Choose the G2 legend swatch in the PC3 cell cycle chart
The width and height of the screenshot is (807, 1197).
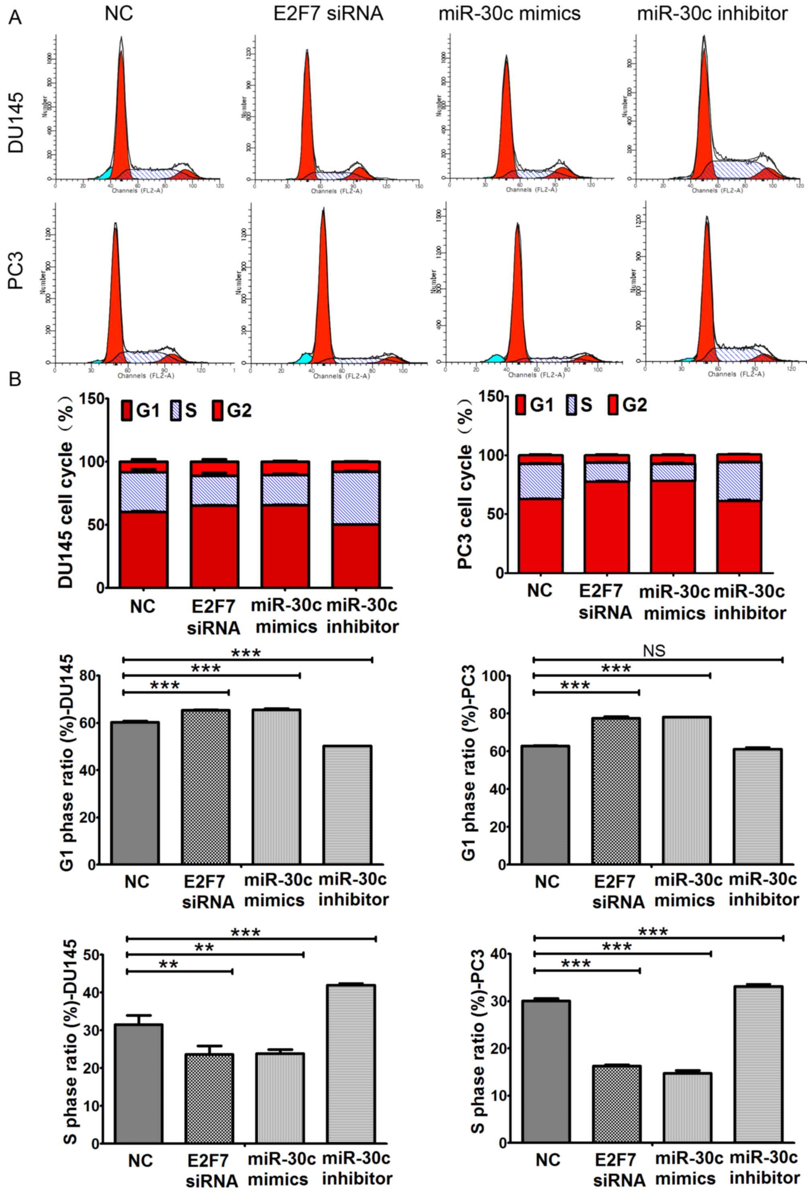coord(613,406)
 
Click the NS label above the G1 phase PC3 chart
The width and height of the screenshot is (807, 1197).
coord(654,651)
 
